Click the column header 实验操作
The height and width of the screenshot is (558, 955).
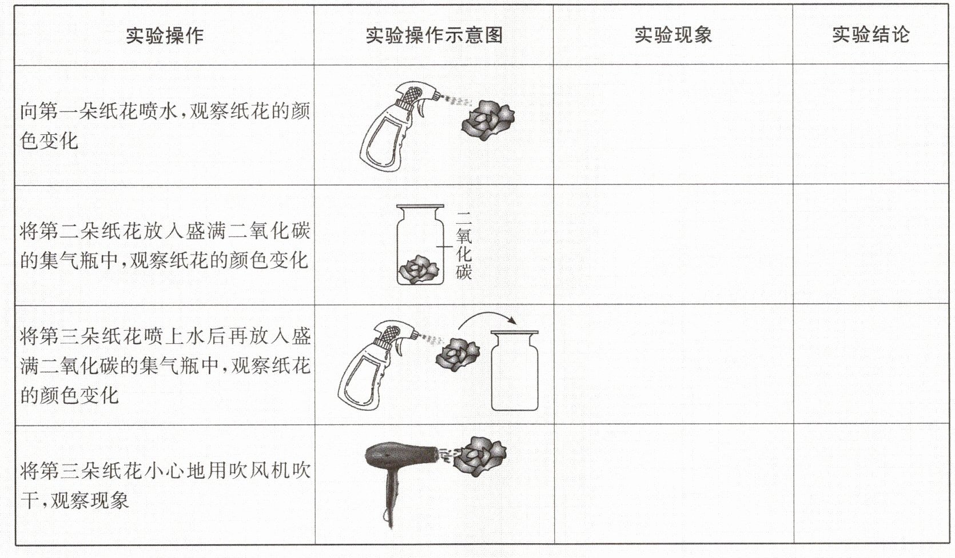[x=165, y=35]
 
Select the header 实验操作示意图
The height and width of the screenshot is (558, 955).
[x=434, y=35]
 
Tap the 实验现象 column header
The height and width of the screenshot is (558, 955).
[x=673, y=35]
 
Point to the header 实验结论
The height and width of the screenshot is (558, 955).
[x=870, y=34]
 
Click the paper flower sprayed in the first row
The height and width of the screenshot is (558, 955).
[x=488, y=120]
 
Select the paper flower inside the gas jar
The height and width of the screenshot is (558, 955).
[x=419, y=270]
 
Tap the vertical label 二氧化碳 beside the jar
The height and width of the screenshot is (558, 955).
[x=464, y=246]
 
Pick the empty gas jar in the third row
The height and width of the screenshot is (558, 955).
[x=515, y=370]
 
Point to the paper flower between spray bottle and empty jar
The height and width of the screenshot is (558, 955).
[x=457, y=355]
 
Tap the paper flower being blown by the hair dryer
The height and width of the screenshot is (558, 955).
[x=480, y=456]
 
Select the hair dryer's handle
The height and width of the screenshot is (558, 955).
[x=391, y=499]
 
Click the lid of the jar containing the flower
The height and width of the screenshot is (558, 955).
[x=420, y=207]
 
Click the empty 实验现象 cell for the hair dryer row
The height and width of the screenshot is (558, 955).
[x=674, y=484]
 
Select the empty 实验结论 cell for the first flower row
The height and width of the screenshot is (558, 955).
[x=870, y=125]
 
